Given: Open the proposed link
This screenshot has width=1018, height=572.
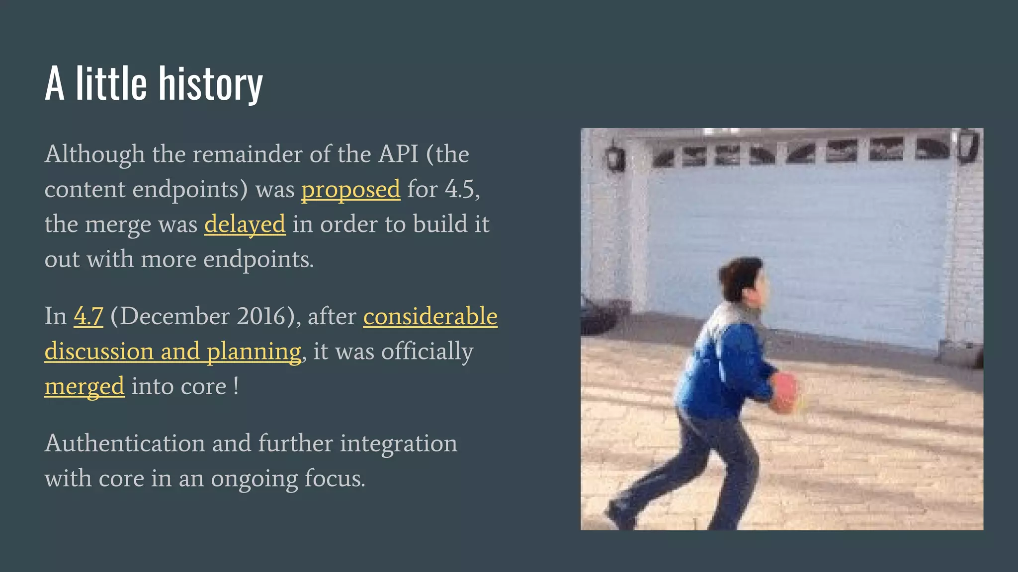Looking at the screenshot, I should coord(350,190).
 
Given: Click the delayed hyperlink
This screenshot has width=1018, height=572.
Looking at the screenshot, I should coord(245,224).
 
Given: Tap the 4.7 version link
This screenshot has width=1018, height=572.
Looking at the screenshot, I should coord(88,316).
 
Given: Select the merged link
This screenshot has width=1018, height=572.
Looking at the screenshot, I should coord(84,387).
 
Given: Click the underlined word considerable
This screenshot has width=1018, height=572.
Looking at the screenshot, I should coord(430,316).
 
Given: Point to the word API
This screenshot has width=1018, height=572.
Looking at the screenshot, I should coord(398,154).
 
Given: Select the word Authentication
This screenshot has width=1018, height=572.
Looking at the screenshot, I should coord(125,443).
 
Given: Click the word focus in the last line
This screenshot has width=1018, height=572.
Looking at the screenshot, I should coord(335,479).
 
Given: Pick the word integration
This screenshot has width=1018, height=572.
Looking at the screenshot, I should coord(398,443).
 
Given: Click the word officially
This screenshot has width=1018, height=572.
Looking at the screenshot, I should coord(427,352).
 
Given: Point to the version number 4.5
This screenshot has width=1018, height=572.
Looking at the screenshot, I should coord(460,190).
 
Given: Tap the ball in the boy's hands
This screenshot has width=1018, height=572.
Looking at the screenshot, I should coord(784,392).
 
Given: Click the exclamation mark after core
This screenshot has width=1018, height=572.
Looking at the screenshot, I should coord(236,386).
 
